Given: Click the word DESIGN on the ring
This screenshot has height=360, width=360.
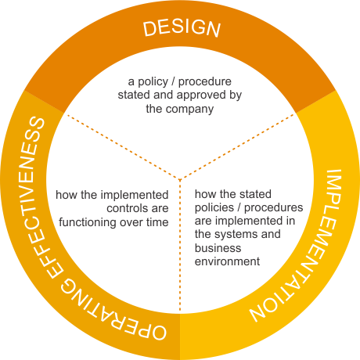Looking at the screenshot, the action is [182, 28].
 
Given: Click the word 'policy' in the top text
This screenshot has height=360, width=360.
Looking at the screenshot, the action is [153, 82].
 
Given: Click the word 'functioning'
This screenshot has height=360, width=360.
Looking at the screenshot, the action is [88, 222].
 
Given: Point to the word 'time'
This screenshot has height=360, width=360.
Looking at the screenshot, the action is [157, 222].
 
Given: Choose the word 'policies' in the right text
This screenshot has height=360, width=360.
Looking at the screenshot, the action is [214, 208].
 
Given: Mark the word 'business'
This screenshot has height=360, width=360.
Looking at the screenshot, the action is [218, 248].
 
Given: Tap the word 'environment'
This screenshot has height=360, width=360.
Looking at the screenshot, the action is [227, 261].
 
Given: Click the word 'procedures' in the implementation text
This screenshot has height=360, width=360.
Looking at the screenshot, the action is [273, 208].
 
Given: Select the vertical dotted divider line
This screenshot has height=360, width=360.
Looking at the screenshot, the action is [180, 245].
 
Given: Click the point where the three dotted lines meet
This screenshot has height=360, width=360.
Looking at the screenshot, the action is [180, 179].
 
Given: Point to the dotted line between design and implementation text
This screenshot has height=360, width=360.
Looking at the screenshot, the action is [238, 146].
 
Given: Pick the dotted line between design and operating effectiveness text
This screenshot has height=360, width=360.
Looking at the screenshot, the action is [123, 146].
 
